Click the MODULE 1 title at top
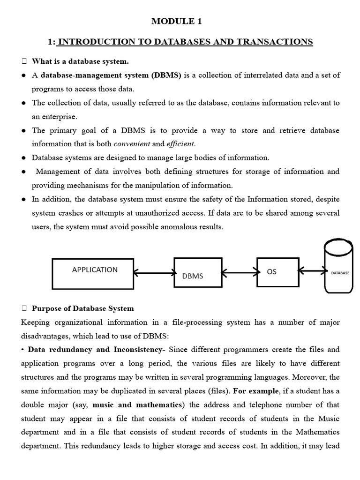tap(180, 22)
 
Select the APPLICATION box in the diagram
tap(92, 274)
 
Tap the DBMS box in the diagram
tap(198, 272)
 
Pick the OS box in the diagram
tap(277, 272)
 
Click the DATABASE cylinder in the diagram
tap(340, 267)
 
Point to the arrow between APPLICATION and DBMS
tap(153, 272)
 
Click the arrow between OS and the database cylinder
tap(313, 270)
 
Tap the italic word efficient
tap(180, 144)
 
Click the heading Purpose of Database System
tap(82, 308)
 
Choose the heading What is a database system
tap(80, 61)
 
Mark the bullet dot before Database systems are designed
tap(24, 158)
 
